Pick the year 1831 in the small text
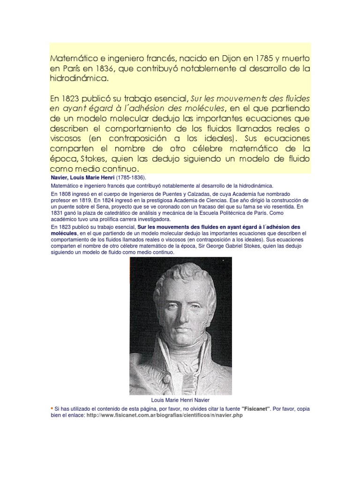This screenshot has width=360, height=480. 58,213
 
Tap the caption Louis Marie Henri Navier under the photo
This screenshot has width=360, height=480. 180,400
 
